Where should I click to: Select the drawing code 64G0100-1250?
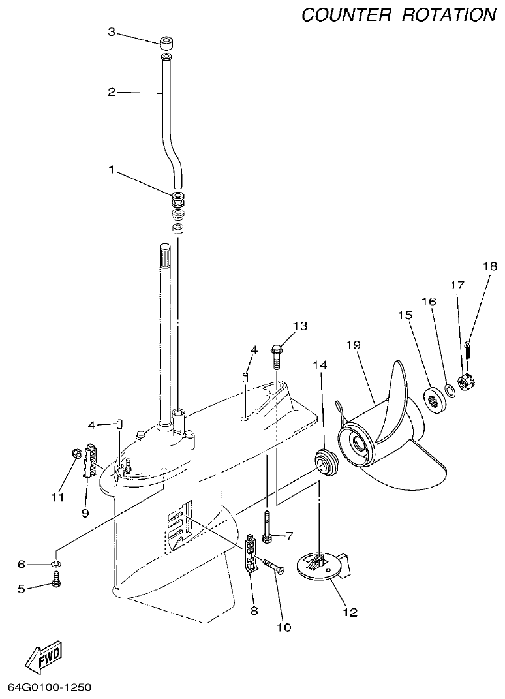(x=49, y=687)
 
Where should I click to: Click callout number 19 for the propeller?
(x=353, y=345)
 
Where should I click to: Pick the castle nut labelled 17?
(x=467, y=382)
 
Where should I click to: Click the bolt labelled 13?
(x=277, y=355)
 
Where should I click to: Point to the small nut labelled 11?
(x=75, y=452)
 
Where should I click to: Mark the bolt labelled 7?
(x=268, y=526)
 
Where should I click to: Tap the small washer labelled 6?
(x=57, y=563)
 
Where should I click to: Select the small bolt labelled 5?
(x=57, y=578)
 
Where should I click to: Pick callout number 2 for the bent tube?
(x=111, y=92)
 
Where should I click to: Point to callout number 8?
(x=254, y=611)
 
